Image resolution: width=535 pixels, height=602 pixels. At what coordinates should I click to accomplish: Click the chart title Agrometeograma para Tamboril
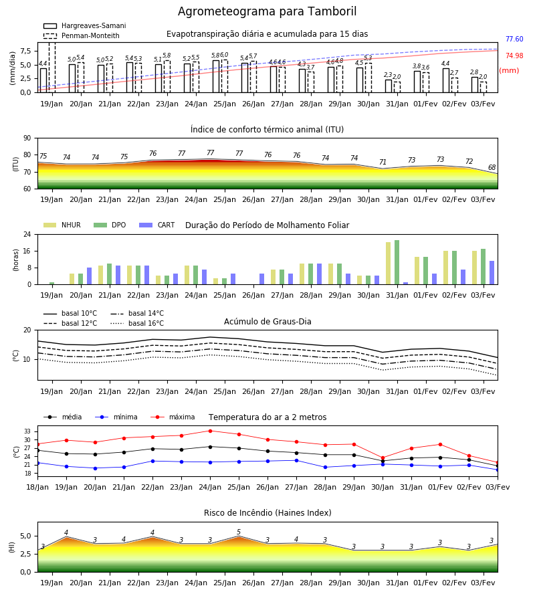click(x=267, y=11)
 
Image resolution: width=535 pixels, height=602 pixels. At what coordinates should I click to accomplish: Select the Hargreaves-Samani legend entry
click(x=85, y=25)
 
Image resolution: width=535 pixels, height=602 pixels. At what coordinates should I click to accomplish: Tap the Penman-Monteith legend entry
click(x=82, y=35)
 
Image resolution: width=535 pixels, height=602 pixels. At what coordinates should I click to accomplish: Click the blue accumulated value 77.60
click(x=514, y=39)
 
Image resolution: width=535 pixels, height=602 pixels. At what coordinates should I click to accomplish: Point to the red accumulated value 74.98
click(x=514, y=56)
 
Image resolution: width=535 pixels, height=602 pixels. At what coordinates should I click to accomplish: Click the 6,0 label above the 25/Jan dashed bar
click(x=224, y=55)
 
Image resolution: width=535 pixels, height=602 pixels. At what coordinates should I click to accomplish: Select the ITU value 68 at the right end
click(x=492, y=167)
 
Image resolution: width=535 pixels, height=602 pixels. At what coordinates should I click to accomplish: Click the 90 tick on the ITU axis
click(x=27, y=138)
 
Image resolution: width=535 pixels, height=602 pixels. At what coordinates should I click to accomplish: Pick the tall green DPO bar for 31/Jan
click(x=397, y=262)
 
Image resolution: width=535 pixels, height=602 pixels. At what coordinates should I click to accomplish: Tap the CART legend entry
click(x=157, y=225)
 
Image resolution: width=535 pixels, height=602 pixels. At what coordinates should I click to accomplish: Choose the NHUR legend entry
click(x=62, y=225)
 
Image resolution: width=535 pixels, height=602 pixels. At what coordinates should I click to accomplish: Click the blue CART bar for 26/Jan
click(x=261, y=279)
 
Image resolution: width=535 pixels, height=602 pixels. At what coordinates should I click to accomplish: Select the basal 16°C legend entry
click(x=137, y=323)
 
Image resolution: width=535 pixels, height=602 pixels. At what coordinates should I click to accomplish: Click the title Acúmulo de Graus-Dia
click(x=267, y=322)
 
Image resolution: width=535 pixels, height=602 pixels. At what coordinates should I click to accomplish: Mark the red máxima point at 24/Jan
click(x=210, y=431)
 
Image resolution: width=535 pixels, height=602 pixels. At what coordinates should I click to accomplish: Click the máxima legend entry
click(x=173, y=417)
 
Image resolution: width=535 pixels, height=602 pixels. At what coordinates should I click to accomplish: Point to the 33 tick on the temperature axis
click(x=27, y=431)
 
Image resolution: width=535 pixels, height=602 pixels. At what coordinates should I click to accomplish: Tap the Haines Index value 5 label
click(x=239, y=532)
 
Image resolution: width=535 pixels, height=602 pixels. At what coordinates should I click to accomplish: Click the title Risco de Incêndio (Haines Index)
click(x=267, y=513)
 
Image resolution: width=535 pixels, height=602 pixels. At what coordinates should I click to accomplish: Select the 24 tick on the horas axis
click(x=27, y=234)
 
